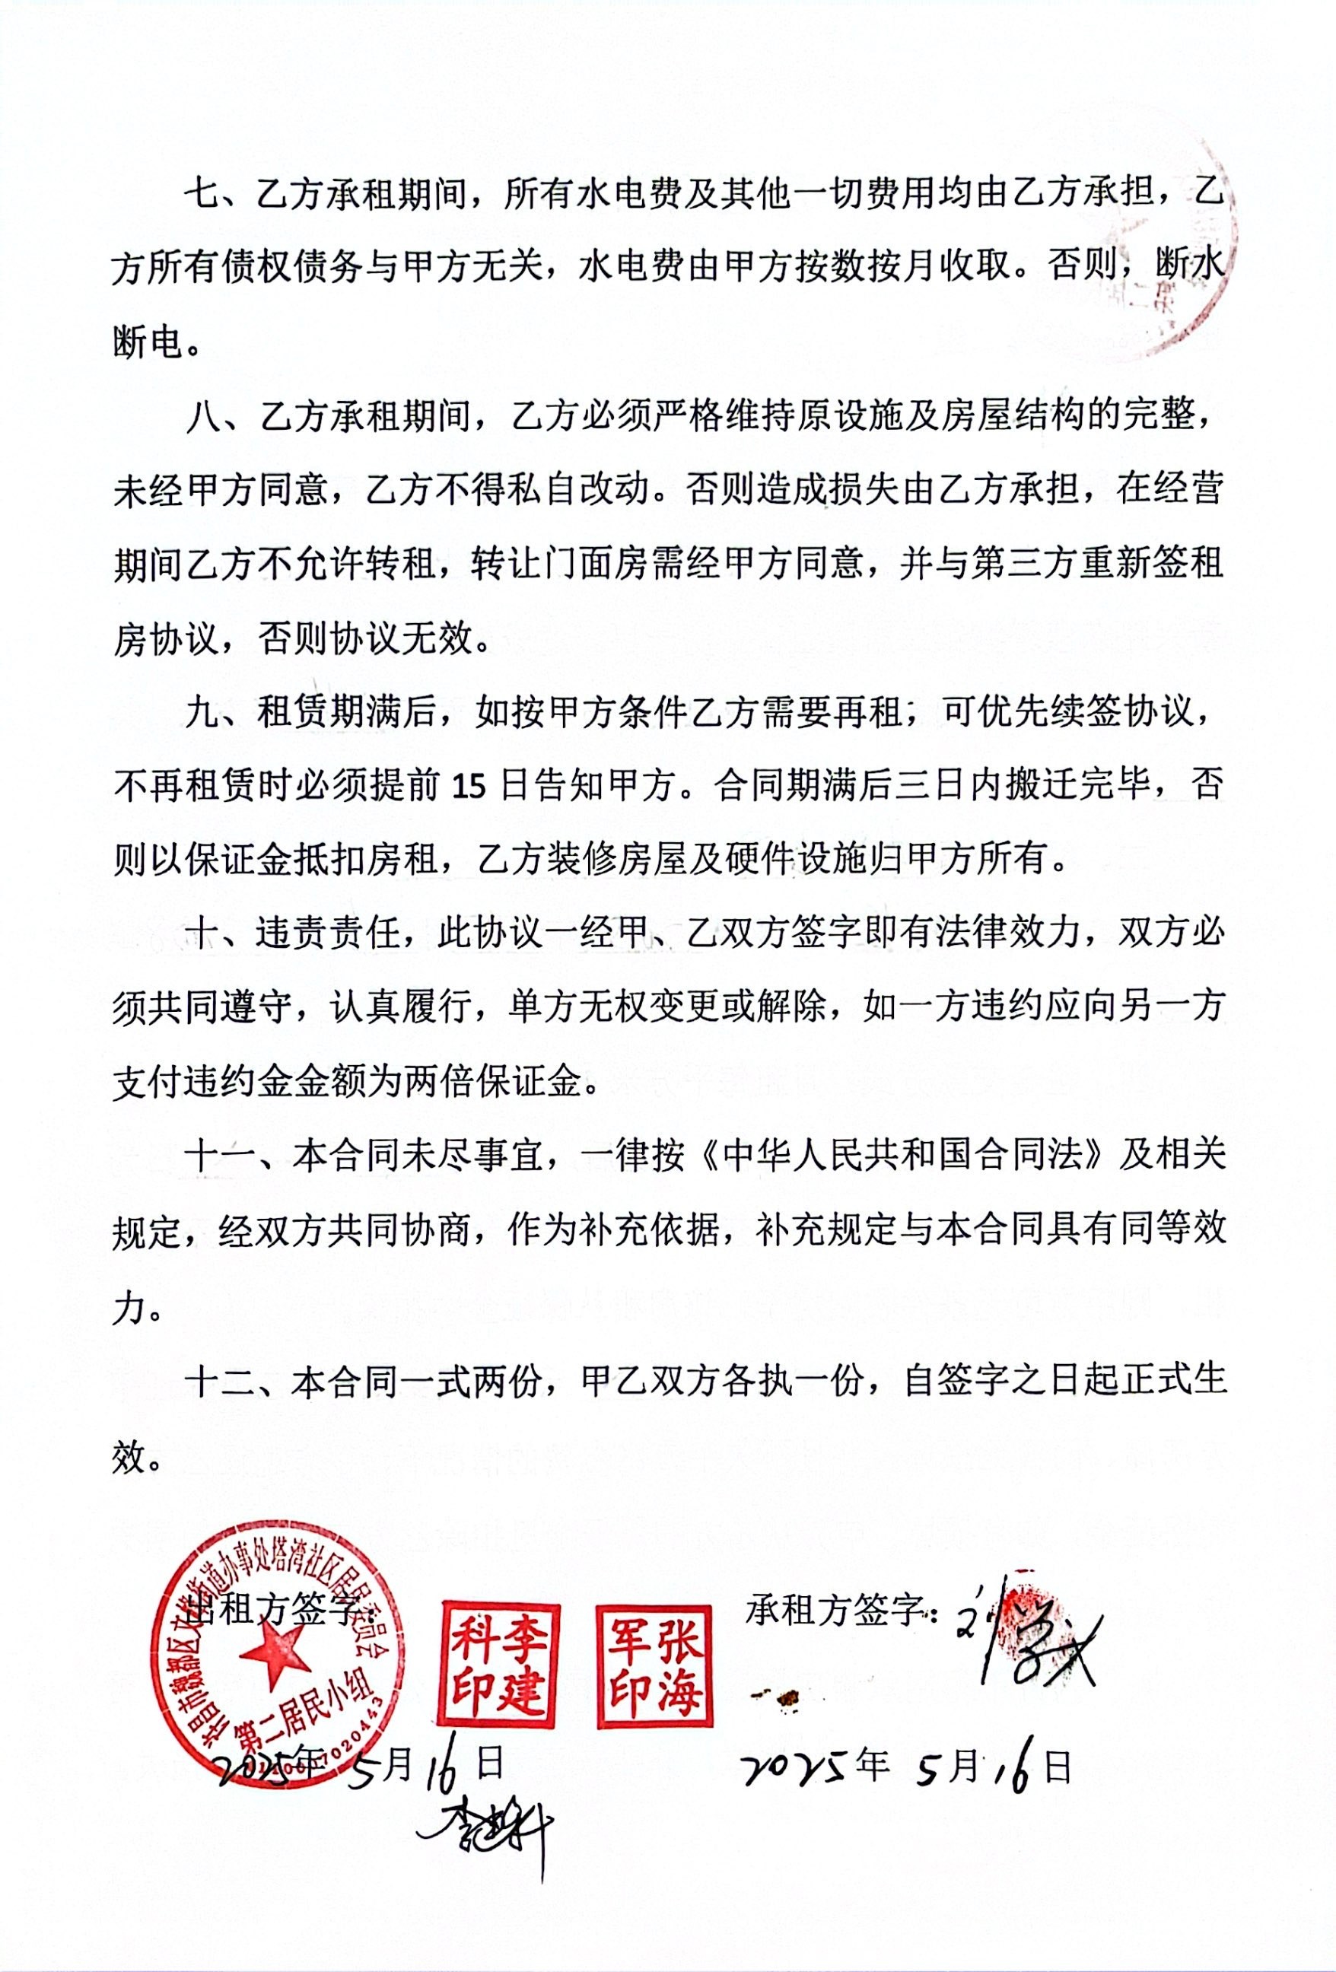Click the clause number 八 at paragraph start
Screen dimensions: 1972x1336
pyautogui.click(x=204, y=418)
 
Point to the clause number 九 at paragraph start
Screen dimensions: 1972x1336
pyautogui.click(x=204, y=713)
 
